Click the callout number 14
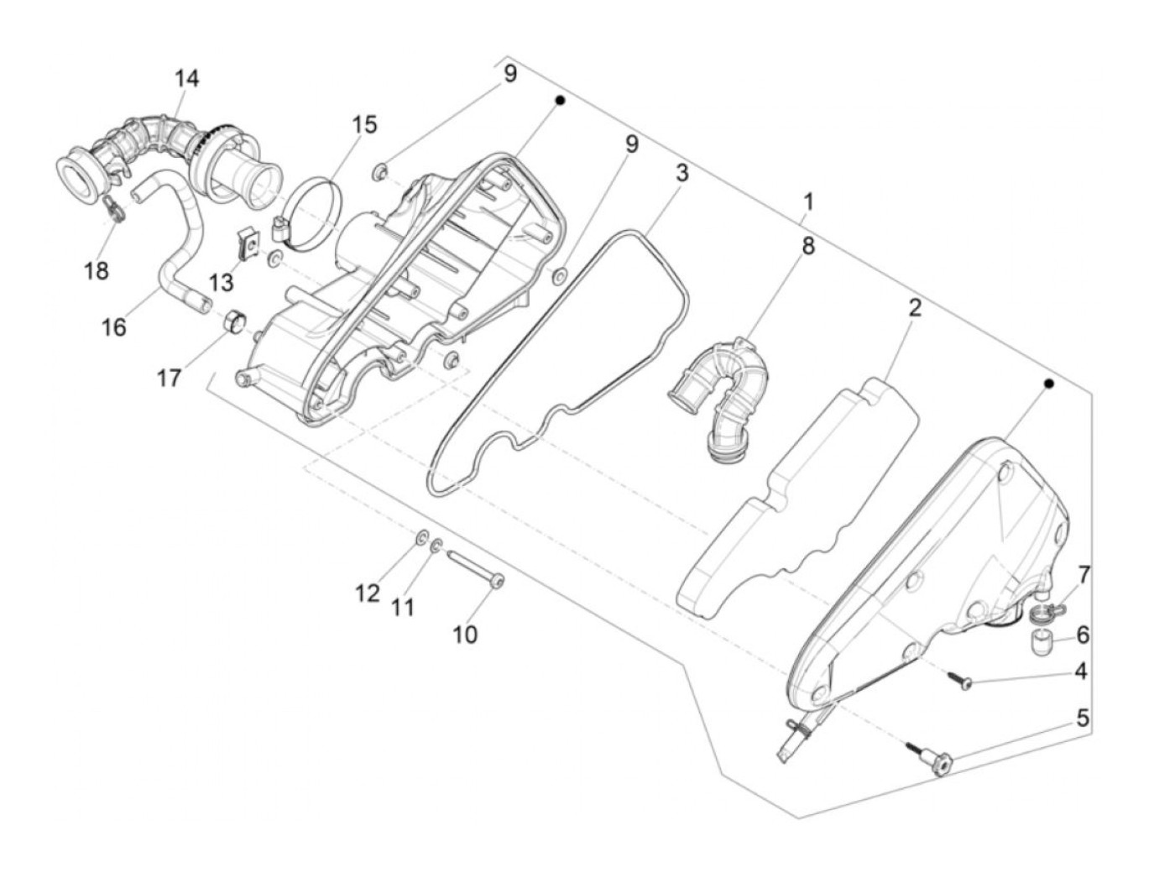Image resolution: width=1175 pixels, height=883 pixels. coord(187,79)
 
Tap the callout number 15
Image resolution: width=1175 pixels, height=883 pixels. coord(364,124)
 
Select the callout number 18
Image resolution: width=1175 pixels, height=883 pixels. coord(97,271)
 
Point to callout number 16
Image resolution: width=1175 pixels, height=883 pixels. coord(114,327)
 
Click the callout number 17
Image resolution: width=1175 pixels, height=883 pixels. coord(169,379)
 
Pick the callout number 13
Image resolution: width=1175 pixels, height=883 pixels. coord(221,282)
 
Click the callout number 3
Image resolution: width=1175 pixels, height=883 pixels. coord(681,174)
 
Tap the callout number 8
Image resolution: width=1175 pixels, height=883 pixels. coord(807,246)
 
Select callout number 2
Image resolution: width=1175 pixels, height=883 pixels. coord(914,308)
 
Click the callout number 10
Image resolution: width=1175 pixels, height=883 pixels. coord(465,635)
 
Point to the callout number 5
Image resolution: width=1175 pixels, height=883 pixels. coord(1083,718)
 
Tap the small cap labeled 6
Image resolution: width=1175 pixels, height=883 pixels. coord(1042,642)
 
